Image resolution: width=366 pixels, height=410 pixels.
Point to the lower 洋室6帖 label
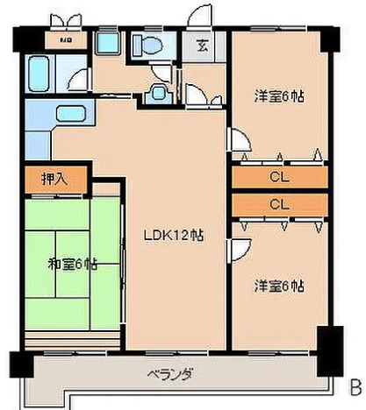(x=281, y=286)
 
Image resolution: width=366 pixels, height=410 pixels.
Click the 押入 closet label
(x=54, y=180)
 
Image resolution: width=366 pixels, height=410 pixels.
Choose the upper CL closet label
(x=280, y=177)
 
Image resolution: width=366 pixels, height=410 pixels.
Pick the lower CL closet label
(x=280, y=203)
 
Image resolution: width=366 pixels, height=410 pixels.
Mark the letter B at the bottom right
(x=355, y=385)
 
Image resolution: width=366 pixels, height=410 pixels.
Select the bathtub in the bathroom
(x=41, y=70)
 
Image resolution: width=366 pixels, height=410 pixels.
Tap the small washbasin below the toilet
(x=161, y=90)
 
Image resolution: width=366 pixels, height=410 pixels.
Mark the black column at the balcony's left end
(x=18, y=362)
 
